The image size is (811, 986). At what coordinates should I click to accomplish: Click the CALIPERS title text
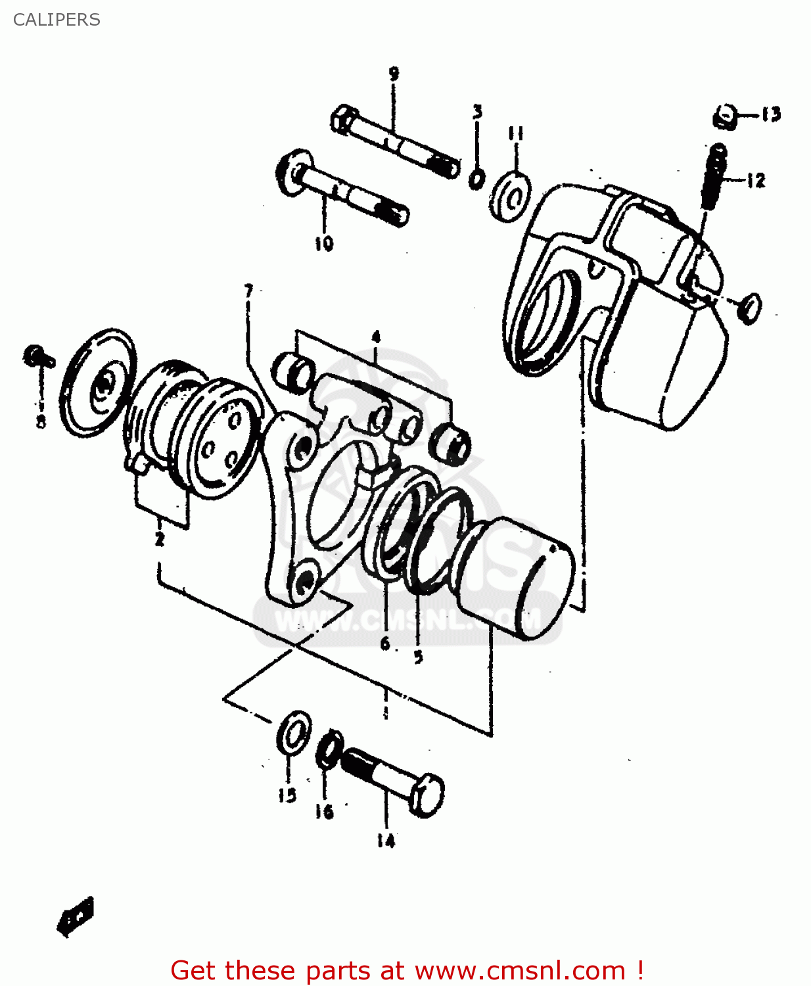click(x=57, y=20)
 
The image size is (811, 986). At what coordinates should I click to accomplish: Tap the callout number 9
click(x=394, y=74)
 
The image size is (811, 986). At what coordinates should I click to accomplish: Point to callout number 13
click(x=771, y=114)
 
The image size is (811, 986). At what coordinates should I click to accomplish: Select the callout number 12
click(x=756, y=180)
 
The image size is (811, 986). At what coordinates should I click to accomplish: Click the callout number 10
click(x=324, y=244)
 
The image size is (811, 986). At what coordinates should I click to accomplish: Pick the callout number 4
click(x=376, y=338)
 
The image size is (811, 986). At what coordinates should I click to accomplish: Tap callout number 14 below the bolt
click(x=386, y=841)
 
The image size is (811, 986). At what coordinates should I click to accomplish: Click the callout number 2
click(x=160, y=540)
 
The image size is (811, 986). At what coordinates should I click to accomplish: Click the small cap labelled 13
click(x=724, y=117)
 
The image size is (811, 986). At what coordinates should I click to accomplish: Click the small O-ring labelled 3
click(x=477, y=177)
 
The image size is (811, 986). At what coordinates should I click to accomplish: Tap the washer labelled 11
click(x=511, y=196)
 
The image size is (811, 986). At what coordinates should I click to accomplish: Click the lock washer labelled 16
click(x=329, y=749)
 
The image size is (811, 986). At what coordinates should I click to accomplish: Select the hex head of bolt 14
click(x=427, y=795)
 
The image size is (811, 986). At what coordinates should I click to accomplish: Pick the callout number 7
click(x=248, y=290)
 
